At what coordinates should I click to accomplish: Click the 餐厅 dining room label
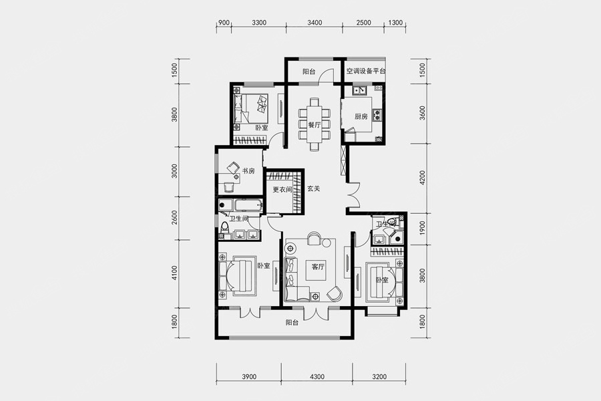coord(315,125)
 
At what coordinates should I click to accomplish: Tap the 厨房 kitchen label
coord(361,116)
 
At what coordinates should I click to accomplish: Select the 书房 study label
coord(248,171)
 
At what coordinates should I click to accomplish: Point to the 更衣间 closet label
coord(282,189)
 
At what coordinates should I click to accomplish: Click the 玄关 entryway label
coord(314,188)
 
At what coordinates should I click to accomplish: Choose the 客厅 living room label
coord(318,267)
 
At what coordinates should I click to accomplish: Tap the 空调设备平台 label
coord(366,71)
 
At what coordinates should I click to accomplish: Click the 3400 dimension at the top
coord(315,23)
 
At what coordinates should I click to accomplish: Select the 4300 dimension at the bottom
coord(317,376)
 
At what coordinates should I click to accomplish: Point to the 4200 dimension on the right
coord(423,178)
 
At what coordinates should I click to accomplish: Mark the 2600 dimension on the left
coord(175,218)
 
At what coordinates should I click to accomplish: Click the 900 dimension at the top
coord(224,23)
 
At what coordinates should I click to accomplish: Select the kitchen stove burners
coord(377,115)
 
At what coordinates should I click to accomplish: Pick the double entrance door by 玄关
coord(353,195)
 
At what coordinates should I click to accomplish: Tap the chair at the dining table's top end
coord(315,102)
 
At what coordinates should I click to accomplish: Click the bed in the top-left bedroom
coord(253,108)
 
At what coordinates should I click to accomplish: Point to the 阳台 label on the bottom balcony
coord(292,323)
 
